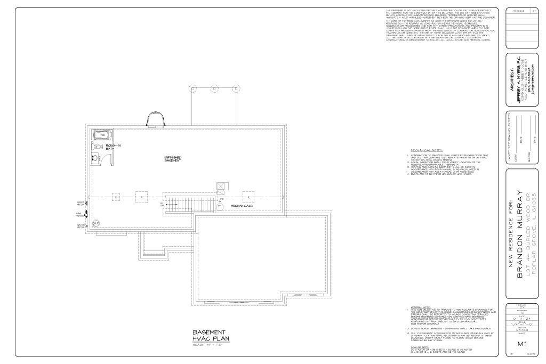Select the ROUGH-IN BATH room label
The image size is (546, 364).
click(113, 147)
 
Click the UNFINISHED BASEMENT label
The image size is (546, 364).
click(173, 159)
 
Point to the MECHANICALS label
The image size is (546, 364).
click(242, 205)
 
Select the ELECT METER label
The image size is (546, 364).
click(80, 204)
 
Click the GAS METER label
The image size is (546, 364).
click(80, 214)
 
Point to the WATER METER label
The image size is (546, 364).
click(80, 226)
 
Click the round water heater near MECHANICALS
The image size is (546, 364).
click(220, 205)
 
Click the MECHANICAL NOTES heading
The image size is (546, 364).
click(427, 151)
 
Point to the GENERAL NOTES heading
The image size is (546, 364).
click(420, 307)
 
